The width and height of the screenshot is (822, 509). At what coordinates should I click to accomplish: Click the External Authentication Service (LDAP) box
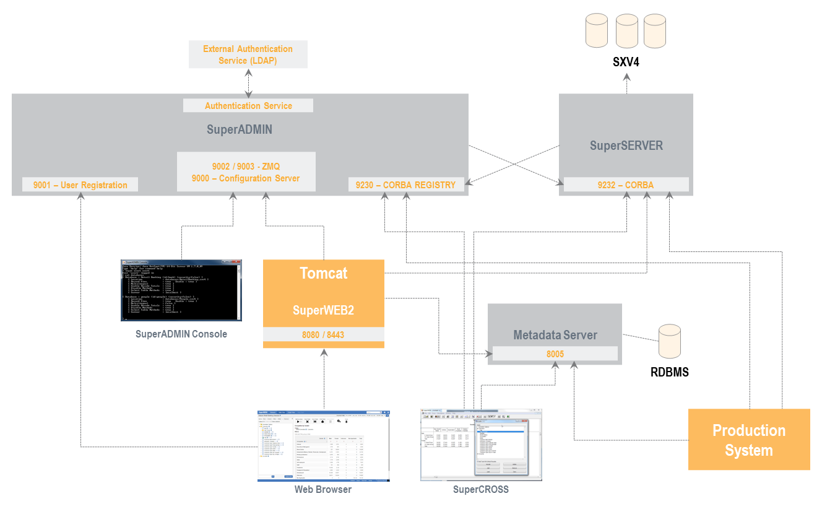248,54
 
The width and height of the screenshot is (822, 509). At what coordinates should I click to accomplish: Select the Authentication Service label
248,106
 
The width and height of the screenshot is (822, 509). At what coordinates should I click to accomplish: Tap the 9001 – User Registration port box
80,185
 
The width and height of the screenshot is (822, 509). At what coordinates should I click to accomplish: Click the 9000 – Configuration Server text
246,178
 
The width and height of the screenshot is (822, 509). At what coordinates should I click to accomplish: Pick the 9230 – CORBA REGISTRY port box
405,185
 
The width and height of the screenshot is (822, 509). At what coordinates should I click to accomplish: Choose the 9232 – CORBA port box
625,185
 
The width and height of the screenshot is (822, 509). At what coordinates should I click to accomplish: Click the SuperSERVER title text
626,146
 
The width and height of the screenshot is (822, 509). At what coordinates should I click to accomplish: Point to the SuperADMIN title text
240,130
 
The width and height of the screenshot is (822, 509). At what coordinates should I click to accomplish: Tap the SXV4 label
626,63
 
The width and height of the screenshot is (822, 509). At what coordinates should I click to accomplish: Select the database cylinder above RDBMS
670,341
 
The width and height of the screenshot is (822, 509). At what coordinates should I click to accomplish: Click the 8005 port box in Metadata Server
555,354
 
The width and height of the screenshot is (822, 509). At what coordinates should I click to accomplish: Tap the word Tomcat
323,273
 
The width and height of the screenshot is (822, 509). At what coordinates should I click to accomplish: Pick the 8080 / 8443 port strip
323,334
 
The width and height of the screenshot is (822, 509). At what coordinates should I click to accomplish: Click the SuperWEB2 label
323,310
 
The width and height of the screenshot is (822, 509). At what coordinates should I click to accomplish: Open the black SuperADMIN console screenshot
181,290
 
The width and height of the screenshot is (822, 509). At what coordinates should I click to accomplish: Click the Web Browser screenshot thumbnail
324,445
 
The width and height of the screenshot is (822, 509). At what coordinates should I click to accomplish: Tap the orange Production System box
749,440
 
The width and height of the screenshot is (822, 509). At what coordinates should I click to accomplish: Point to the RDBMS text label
669,373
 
